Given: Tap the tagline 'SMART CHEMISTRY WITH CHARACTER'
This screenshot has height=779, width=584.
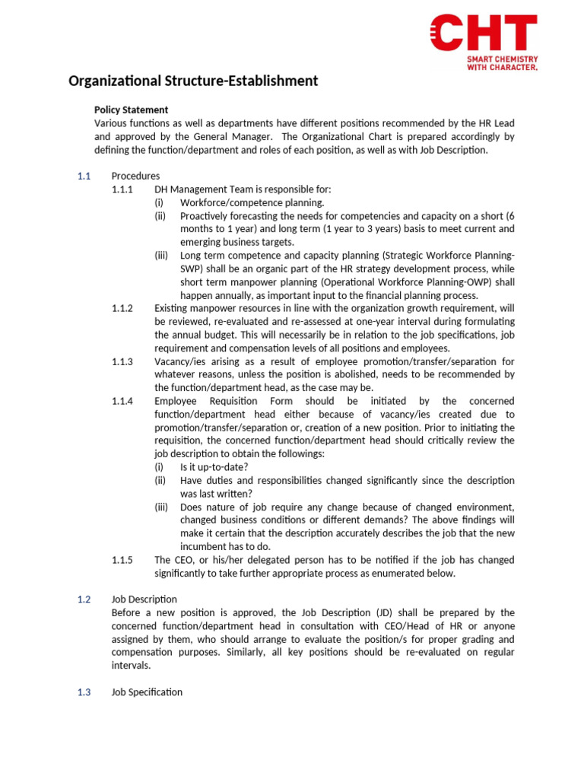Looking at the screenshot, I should point(502,63).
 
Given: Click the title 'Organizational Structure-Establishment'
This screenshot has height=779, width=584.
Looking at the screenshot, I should point(193,81).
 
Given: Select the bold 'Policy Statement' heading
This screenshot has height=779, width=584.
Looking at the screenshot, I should point(131,110).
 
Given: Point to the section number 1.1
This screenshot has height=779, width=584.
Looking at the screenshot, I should point(84,176).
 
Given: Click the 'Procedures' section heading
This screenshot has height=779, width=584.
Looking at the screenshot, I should point(135,176).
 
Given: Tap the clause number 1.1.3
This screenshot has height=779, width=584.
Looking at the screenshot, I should point(122,361).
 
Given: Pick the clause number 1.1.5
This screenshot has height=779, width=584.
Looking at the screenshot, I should point(122,560).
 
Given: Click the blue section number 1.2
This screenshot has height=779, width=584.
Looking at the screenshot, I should point(84,599).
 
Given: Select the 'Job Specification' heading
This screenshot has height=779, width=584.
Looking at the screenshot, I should point(147,692).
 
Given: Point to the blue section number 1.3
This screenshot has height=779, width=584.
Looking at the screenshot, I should point(84,692).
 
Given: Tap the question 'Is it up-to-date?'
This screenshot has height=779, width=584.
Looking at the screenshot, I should point(214,467).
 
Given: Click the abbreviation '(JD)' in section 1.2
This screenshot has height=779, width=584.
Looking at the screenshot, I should point(388,612).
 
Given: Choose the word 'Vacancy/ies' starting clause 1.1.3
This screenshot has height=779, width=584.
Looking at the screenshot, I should point(180,361).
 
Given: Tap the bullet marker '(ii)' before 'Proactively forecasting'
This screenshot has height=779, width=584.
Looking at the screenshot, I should point(160,216).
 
